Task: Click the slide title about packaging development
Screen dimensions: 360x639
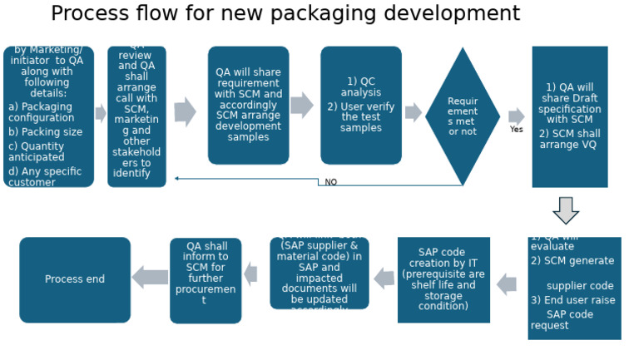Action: point(285,14)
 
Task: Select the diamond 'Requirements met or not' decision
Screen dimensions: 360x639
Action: point(463,116)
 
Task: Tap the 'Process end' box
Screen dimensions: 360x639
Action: point(75,279)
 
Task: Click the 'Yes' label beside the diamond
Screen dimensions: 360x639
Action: point(517,130)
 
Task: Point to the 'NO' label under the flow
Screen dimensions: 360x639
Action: point(330,182)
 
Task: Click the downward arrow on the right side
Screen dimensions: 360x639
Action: point(566,210)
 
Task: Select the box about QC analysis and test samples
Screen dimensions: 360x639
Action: point(361,106)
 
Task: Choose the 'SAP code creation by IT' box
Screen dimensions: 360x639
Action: point(443,279)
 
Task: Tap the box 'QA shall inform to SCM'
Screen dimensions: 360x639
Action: point(206,280)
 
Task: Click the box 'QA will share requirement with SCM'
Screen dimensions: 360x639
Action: point(248,105)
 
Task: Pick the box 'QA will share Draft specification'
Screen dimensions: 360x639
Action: point(570,116)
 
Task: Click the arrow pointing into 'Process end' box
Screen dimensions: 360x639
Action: point(150,278)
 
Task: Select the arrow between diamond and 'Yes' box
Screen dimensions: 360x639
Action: point(517,116)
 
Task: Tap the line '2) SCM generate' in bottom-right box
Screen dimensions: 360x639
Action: point(572,261)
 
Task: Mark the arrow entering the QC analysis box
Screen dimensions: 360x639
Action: point(302,106)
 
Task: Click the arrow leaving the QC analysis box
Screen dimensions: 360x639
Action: point(414,113)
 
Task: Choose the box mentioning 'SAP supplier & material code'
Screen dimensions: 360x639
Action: point(319,273)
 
